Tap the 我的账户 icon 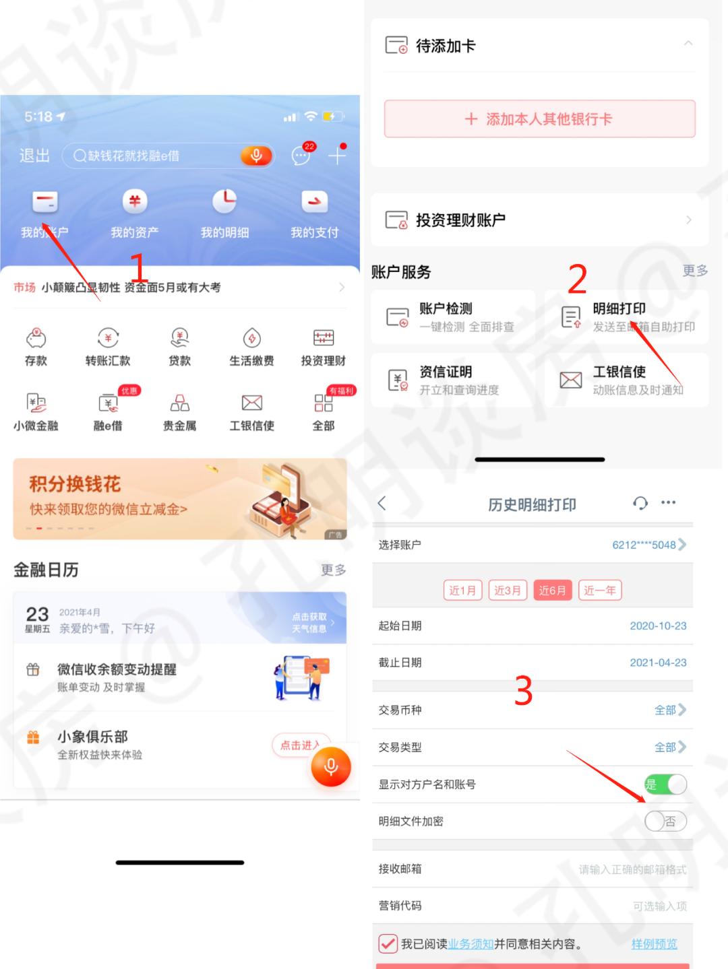click(45, 201)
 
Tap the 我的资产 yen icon click(135, 201)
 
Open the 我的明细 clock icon click(224, 201)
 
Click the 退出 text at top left click(34, 156)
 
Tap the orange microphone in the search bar click(256, 156)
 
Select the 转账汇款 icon click(108, 338)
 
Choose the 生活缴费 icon click(251, 338)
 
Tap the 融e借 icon click(108, 403)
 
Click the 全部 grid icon click(324, 403)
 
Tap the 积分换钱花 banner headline click(75, 484)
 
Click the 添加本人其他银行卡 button click(539, 119)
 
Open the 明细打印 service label click(619, 308)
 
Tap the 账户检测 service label click(446, 308)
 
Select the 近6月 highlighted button click(552, 590)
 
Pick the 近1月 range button click(462, 590)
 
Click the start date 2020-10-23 click(658, 626)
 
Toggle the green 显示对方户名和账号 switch click(665, 784)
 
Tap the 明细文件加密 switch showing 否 click(665, 821)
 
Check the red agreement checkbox click(388, 943)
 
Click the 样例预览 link click(654, 943)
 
